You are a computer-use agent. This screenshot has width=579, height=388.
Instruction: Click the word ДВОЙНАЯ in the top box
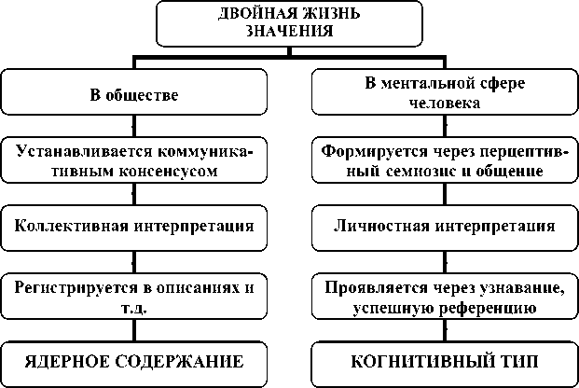[x=252, y=15]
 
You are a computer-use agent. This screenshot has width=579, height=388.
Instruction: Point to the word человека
[x=444, y=104]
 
